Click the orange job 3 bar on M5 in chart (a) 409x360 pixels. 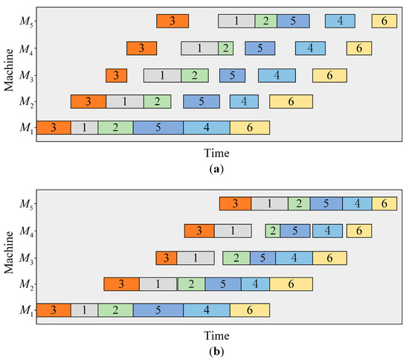173,22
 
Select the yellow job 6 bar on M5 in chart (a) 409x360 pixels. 383,22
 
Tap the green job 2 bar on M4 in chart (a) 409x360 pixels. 225,48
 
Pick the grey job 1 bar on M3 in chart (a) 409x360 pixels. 162,75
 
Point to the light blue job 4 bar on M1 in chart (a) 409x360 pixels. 206,127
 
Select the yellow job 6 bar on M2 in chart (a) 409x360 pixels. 291,101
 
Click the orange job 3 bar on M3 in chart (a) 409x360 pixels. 116,75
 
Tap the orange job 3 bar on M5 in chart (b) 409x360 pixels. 235,204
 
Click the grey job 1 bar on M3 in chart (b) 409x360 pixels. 197,258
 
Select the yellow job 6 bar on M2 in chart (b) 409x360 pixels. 291,283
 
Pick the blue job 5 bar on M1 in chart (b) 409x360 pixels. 158,310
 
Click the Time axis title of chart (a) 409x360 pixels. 216,152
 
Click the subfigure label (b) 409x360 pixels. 216,351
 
